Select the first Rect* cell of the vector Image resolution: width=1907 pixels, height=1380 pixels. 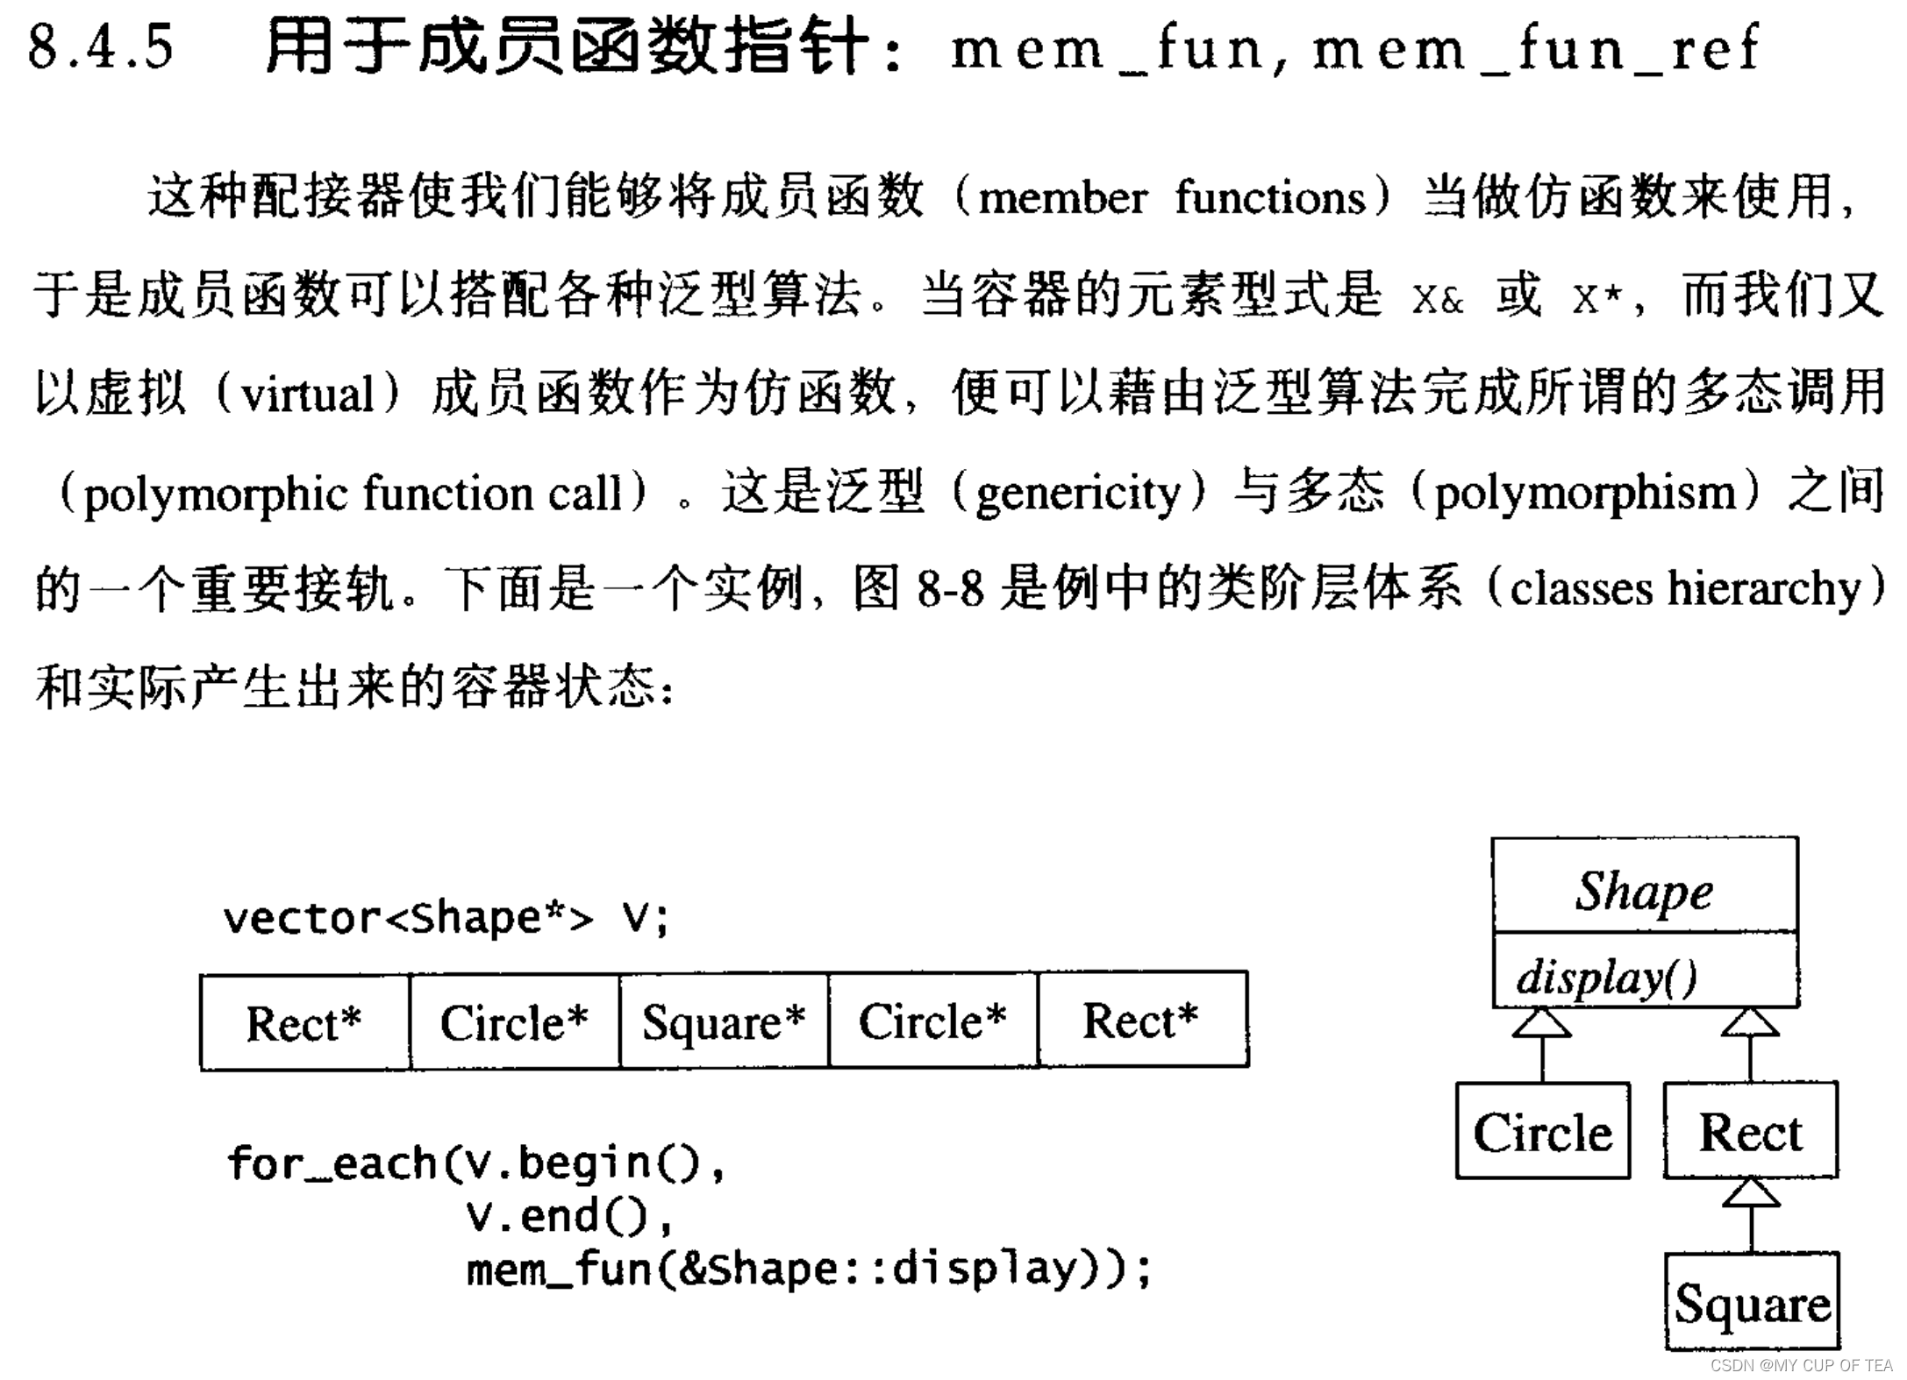(x=304, y=1022)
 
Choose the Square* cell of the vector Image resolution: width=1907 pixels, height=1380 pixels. (x=724, y=1022)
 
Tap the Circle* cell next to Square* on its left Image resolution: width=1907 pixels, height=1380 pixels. (x=514, y=1022)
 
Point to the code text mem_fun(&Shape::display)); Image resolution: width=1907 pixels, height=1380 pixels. (x=807, y=1269)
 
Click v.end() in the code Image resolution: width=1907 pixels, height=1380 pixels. (x=568, y=1216)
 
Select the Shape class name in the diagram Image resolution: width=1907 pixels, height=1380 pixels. (x=1644, y=892)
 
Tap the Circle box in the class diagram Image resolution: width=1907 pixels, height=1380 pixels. (x=1543, y=1132)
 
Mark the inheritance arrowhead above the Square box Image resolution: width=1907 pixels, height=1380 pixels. (x=1751, y=1193)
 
